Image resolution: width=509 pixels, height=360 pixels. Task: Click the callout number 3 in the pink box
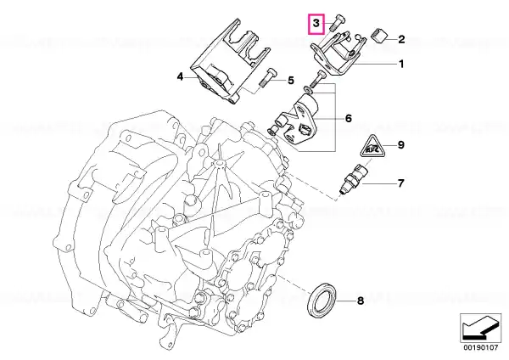(316, 24)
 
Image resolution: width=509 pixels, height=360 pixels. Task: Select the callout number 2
(401, 39)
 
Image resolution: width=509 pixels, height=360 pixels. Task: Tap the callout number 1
(401, 64)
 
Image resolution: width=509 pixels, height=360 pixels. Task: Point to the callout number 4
(180, 77)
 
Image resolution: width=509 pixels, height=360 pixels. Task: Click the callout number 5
(291, 81)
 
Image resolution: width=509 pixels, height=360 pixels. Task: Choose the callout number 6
(349, 118)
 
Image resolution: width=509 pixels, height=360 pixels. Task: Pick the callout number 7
(401, 183)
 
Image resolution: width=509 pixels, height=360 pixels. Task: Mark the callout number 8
(361, 301)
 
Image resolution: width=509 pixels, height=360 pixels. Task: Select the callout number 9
(401, 145)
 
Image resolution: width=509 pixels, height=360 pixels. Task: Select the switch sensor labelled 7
(354, 178)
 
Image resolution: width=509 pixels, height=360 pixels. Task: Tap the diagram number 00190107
(480, 347)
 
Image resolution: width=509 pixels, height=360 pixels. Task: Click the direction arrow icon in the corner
(480, 328)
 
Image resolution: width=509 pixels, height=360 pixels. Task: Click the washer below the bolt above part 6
(308, 88)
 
